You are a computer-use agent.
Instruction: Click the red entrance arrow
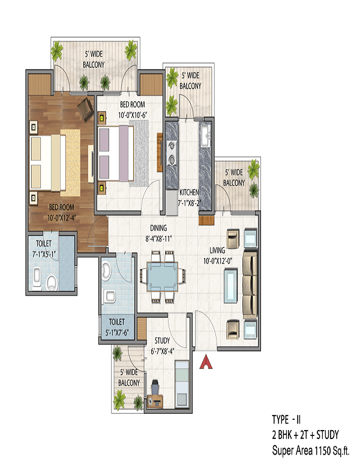(205, 362)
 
